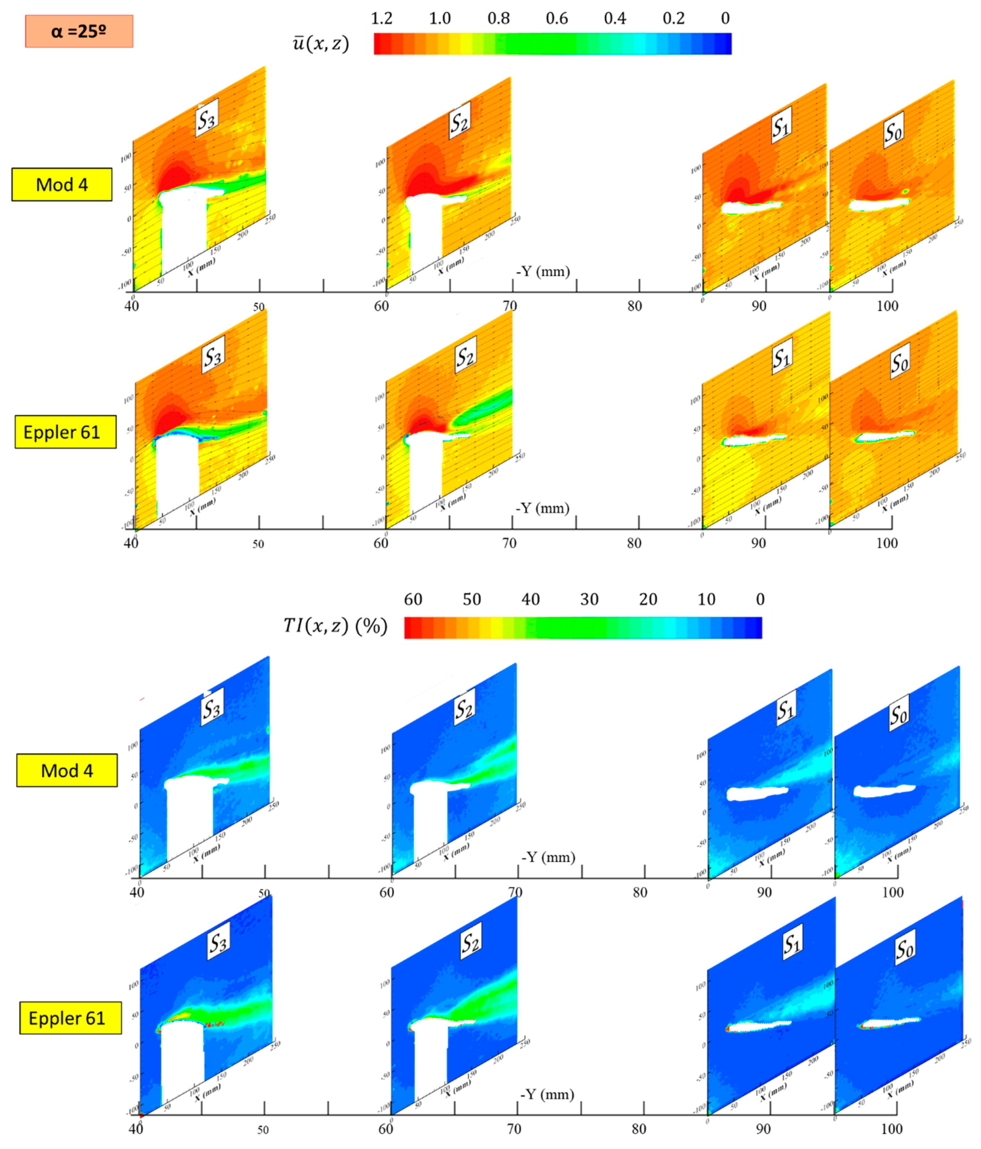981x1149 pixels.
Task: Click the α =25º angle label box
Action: pyautogui.click(x=79, y=31)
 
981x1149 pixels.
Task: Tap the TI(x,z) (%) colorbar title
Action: pyautogui.click(x=335, y=626)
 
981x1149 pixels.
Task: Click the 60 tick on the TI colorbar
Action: pyautogui.click(x=413, y=599)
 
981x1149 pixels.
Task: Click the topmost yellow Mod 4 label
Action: pyautogui.click(x=61, y=185)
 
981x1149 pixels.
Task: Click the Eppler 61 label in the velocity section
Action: pyautogui.click(x=65, y=432)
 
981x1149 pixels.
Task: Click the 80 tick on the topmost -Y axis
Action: pyautogui.click(x=634, y=306)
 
